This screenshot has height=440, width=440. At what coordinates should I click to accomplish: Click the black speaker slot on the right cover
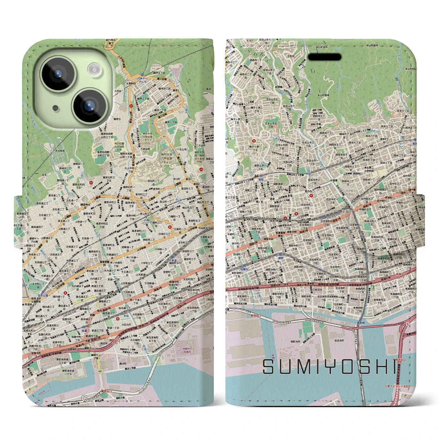[x=324, y=57]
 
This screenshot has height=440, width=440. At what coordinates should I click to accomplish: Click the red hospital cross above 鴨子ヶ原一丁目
[x=254, y=141]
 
